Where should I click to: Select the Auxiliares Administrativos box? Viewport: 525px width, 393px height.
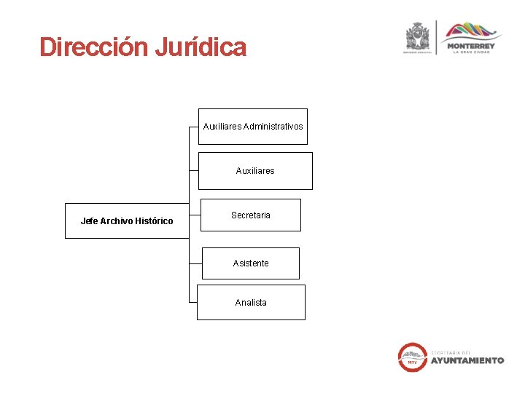253,127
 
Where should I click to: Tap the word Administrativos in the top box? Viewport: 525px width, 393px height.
273,127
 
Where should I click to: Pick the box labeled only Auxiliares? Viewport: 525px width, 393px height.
255,171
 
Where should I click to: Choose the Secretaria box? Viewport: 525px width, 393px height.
250,215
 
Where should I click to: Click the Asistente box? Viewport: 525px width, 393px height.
250,263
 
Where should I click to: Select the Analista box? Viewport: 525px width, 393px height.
251,303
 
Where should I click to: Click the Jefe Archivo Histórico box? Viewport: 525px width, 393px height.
127,221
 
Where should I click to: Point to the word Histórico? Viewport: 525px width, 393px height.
154,221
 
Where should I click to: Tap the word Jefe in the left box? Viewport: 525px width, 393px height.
89,221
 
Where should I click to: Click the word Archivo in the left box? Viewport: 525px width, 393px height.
117,221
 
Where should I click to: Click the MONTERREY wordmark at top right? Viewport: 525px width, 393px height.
472,45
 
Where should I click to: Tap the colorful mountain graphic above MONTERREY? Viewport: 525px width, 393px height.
472,31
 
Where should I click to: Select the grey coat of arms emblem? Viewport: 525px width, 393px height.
419,36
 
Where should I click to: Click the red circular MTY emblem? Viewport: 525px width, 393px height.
412,357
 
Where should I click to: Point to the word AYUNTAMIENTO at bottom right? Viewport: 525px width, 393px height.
467,360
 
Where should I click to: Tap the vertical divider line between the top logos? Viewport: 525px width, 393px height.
436,39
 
